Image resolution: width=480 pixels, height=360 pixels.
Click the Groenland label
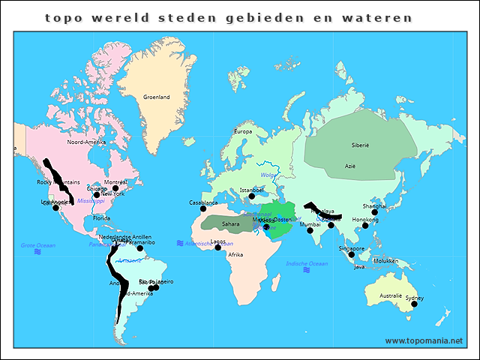[x=157, y=97]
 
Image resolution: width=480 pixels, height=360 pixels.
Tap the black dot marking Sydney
[x=414, y=304]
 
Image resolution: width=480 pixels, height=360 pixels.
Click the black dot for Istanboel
[x=252, y=196]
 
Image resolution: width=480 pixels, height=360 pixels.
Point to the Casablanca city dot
[x=203, y=208]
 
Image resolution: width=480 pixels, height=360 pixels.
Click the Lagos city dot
[x=218, y=247]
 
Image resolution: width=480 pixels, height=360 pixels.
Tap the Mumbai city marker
[x=310, y=230]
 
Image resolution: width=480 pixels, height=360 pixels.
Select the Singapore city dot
[x=351, y=255]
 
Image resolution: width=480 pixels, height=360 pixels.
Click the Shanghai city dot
[x=374, y=212]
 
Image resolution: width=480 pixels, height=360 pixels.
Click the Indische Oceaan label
[x=307, y=263]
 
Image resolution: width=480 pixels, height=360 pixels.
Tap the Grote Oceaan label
[x=37, y=245]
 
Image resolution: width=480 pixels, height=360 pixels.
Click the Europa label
[x=243, y=132]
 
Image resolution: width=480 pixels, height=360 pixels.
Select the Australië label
[x=390, y=295]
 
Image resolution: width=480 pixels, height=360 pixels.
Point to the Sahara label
[x=231, y=223]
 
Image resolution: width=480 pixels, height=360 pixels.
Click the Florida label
[x=101, y=218]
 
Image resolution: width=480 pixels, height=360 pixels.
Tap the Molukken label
[x=385, y=261]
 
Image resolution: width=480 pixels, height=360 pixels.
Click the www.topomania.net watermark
[x=424, y=340]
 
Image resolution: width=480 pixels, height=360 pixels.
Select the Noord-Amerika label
[x=86, y=142]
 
